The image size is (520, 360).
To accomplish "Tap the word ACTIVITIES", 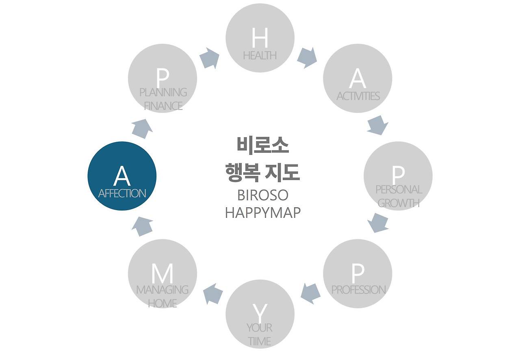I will pyautogui.click(x=358, y=96).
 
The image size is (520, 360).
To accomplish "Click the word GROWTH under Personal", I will pyautogui.click(x=398, y=203).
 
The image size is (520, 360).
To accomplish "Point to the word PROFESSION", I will pyautogui.click(x=358, y=290).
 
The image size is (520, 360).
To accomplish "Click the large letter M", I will pyautogui.click(x=162, y=274).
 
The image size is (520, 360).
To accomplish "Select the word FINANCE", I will pyautogui.click(x=163, y=106).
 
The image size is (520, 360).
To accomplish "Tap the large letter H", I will pyautogui.click(x=260, y=38).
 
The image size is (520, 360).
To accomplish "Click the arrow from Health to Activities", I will pyautogui.click(x=307, y=58).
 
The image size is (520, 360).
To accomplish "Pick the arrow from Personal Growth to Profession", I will pyautogui.click(x=378, y=223).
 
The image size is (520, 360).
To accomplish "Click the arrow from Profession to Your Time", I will pyautogui.click(x=311, y=293).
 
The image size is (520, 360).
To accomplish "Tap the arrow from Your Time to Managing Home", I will pyautogui.click(x=213, y=294).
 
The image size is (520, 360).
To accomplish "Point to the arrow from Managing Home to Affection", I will pyautogui.click(x=143, y=226).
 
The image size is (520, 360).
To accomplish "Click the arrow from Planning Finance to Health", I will pyautogui.click(x=210, y=58).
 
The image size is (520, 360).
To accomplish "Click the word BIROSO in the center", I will pyautogui.click(x=262, y=195).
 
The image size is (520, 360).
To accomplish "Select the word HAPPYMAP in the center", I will pyautogui.click(x=262, y=213).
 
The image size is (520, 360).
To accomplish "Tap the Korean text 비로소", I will pyautogui.click(x=262, y=145).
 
